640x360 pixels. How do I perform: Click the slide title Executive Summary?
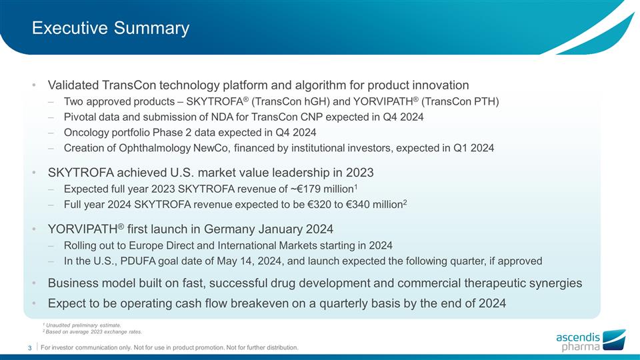pyautogui.click(x=111, y=28)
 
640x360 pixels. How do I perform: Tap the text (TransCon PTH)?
pyautogui.click(x=460, y=101)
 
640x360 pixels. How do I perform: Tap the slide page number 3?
pyautogui.click(x=30, y=347)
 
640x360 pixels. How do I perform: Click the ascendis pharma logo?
pyautogui.click(x=591, y=339)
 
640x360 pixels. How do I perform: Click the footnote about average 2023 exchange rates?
pyautogui.click(x=93, y=332)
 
